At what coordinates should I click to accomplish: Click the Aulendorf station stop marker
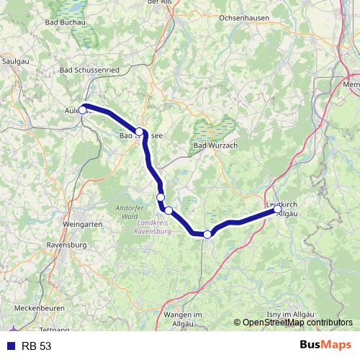(x=83, y=109)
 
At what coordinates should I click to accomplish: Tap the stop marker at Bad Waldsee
(x=140, y=132)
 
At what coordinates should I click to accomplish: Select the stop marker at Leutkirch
(x=278, y=210)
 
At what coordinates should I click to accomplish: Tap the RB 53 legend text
(x=36, y=346)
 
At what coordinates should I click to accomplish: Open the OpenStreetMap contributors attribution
(x=296, y=323)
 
